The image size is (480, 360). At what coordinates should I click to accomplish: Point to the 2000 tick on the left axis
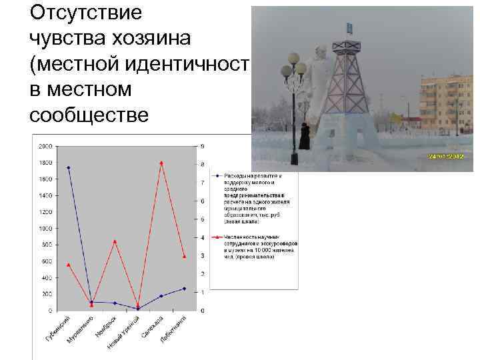pos(45,146)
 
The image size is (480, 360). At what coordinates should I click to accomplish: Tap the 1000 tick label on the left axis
pos(45,228)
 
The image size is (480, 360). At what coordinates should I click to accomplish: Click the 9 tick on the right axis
pos(203,146)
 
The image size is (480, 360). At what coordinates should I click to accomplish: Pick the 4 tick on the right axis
pos(203,238)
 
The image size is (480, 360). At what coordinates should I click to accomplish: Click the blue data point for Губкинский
pos(69,167)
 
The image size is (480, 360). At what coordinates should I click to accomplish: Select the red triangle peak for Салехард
pos(161,163)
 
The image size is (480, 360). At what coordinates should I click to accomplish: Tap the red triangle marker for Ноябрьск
pos(115,241)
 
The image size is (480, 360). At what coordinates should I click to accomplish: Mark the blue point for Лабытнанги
pos(184,289)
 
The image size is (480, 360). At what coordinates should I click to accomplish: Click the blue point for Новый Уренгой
pos(138,308)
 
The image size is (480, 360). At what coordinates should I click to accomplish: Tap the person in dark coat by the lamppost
pos(305,137)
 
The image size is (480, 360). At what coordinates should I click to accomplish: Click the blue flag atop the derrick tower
pos(350,28)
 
